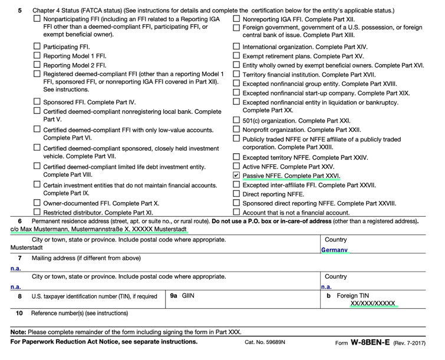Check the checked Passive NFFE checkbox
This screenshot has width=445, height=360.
[x=237, y=175]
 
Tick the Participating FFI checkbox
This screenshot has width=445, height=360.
[x=38, y=46]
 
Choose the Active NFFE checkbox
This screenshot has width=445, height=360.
[x=237, y=166]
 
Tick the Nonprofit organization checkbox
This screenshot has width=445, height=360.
[x=237, y=129]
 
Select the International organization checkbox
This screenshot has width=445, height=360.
[x=237, y=46]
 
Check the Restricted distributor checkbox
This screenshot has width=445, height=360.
[x=38, y=212]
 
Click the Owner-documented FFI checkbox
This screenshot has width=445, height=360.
[x=38, y=203]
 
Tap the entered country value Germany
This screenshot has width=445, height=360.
[x=334, y=250]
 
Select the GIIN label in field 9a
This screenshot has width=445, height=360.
[x=187, y=295]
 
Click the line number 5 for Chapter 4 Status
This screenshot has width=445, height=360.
[x=20, y=11]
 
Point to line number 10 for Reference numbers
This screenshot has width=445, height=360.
[x=19, y=313]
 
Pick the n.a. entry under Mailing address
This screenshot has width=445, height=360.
[x=16, y=268]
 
